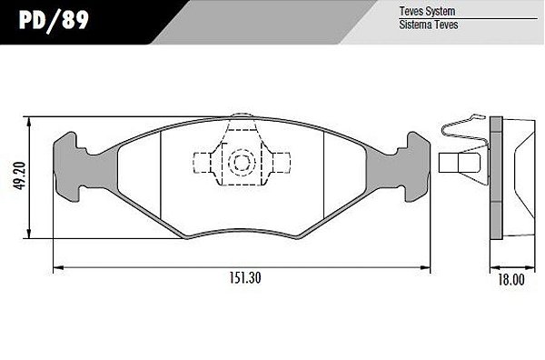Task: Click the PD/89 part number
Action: tap(54, 20)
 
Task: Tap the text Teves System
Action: tap(427, 11)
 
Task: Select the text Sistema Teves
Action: tap(429, 25)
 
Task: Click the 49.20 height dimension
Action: tap(19, 175)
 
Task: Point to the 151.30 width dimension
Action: tap(245, 278)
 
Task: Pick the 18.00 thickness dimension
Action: tap(511, 279)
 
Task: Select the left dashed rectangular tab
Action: tap(202, 163)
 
